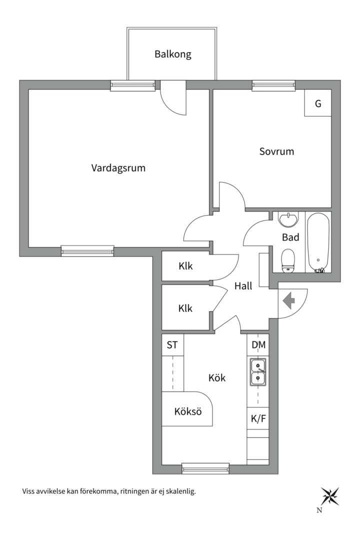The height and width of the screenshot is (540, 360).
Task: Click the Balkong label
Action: coord(172,54)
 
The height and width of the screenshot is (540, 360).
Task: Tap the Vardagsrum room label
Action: coord(118,168)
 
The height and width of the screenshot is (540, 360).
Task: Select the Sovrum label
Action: coord(276,151)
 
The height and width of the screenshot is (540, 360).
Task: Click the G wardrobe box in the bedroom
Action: coord(318,104)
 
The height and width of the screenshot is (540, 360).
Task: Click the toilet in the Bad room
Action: coord(288,261)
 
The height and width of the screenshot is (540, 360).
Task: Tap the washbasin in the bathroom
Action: coord(288,219)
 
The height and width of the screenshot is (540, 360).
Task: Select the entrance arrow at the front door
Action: coord(288,301)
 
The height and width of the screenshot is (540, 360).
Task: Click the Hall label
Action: coord(243,286)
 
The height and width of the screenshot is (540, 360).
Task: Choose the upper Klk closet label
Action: coord(185,266)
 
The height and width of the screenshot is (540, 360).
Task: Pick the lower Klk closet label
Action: coord(185,308)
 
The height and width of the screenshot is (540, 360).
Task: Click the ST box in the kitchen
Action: coord(172,344)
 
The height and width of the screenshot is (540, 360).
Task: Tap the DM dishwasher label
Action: coord(258,344)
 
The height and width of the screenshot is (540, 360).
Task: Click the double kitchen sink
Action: coord(258,372)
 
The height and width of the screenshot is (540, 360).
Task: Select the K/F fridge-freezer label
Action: coord(258,419)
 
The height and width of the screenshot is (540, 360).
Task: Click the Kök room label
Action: coord(217,378)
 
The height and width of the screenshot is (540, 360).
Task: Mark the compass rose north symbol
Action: coord(329,496)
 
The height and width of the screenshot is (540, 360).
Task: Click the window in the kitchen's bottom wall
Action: coord(205,468)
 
